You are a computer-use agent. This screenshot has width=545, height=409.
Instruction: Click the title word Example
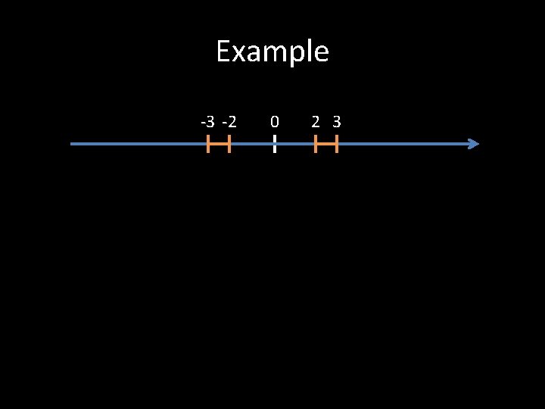[272, 52]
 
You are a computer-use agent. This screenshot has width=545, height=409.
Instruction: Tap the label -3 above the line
[207, 121]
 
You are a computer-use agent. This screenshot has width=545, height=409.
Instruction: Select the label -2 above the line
[229, 121]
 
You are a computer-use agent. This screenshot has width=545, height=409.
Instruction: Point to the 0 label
[274, 121]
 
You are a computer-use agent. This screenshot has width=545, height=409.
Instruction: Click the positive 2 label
[316, 121]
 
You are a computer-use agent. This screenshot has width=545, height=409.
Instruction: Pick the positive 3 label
[336, 121]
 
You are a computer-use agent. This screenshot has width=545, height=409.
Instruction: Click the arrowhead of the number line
[474, 144]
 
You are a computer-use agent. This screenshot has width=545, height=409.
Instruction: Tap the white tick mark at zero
[274, 144]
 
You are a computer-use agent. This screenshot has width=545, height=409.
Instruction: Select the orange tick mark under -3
[208, 144]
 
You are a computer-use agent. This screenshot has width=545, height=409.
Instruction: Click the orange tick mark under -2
[229, 144]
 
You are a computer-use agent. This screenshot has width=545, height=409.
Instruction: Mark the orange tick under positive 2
[316, 144]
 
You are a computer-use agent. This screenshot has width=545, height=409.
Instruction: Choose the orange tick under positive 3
[336, 144]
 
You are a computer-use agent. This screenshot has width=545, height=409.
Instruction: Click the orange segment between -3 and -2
[219, 144]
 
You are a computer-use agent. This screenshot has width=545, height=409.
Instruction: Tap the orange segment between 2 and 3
[326, 144]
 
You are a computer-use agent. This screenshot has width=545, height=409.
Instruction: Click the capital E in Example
[223, 52]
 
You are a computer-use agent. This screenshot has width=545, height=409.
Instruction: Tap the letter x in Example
[240, 53]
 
